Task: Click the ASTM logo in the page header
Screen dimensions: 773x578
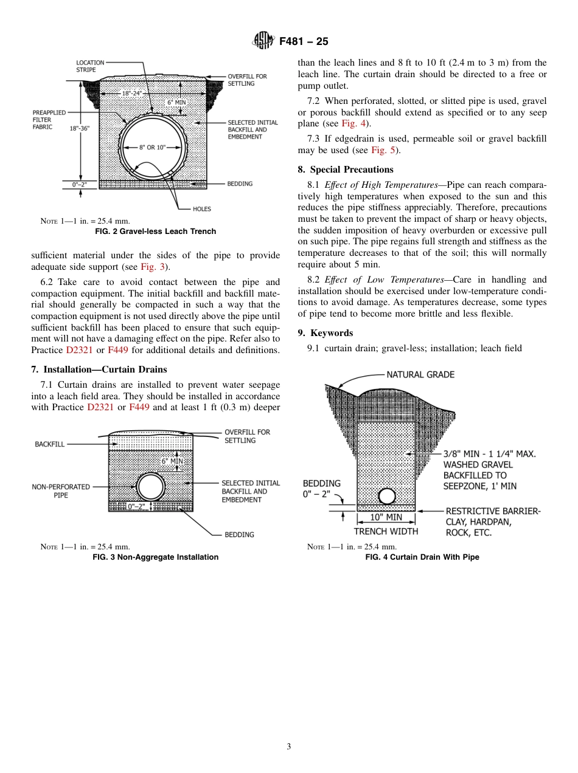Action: [264, 41]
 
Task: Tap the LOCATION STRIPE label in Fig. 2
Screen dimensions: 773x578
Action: [90, 66]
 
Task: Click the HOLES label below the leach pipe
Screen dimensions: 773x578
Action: [201, 209]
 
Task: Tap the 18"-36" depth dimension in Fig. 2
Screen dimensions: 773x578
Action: [80, 128]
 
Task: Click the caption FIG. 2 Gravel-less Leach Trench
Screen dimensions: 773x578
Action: [155, 232]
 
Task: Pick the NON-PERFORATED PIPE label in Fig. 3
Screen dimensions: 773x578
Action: [61, 491]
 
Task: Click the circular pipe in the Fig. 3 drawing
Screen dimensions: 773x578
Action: [151, 487]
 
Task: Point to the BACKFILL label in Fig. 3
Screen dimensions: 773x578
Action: [50, 445]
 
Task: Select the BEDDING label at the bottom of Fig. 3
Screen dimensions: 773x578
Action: [239, 535]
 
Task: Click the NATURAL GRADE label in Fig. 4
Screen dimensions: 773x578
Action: [420, 375]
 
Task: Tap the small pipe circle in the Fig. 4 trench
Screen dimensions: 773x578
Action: [387, 496]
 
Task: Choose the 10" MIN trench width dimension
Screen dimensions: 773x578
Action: [386, 518]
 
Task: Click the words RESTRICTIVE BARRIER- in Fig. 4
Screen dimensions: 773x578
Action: [493, 511]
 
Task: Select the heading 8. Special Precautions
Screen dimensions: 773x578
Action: [346, 170]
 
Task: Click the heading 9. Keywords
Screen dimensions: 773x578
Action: [326, 333]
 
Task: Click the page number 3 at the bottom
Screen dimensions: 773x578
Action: [289, 747]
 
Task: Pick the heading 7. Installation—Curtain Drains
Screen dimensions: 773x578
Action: [99, 369]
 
